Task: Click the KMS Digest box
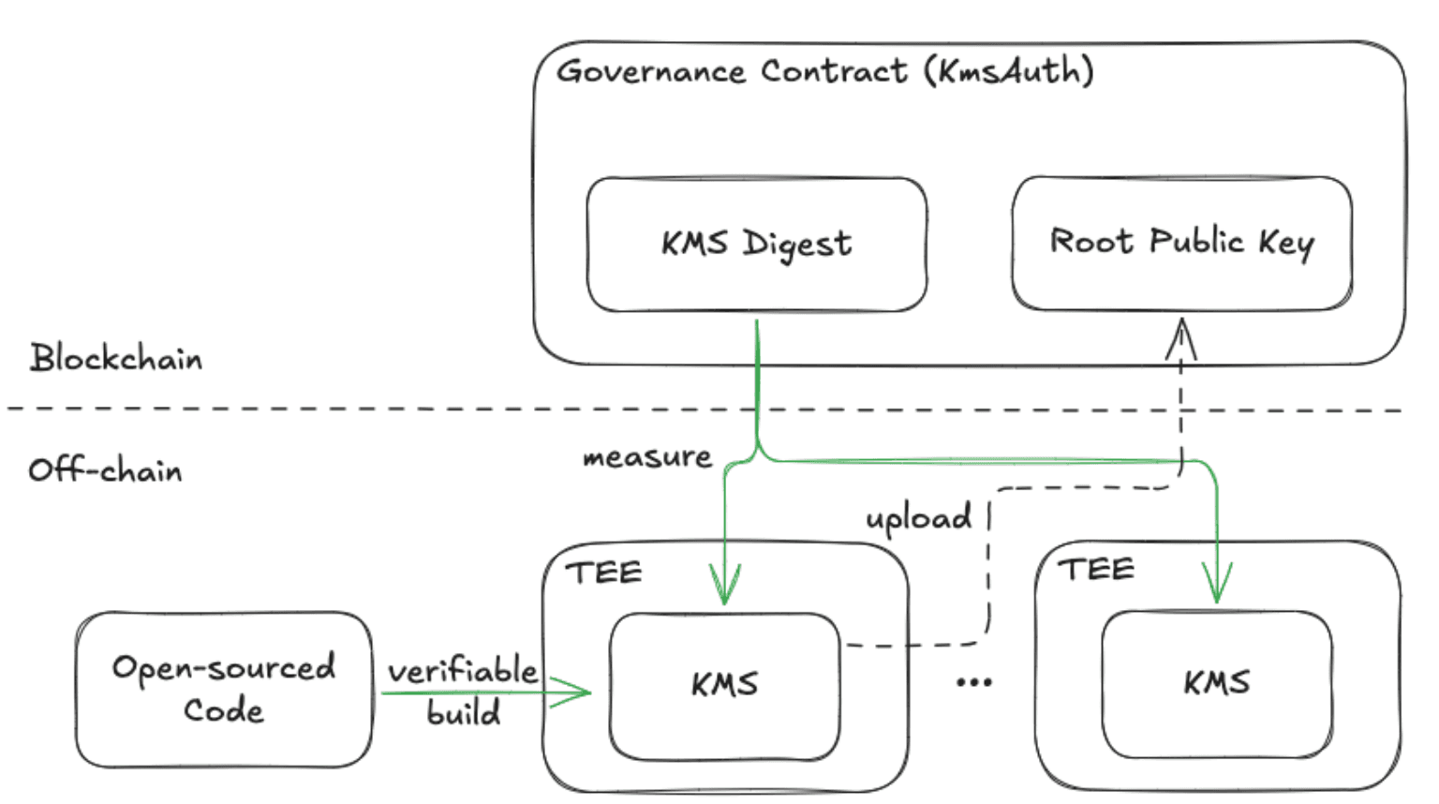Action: click(x=756, y=244)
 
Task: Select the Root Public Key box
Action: click(x=1181, y=243)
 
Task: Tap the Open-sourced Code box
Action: click(x=223, y=689)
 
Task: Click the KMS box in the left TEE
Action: click(x=724, y=685)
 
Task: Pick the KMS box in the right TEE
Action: click(x=1216, y=683)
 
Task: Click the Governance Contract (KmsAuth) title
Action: click(x=824, y=71)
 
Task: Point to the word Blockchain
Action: click(x=115, y=358)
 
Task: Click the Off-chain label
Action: click(x=105, y=469)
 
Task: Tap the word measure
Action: click(x=646, y=457)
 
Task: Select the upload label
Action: click(x=918, y=518)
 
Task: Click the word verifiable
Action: click(x=463, y=671)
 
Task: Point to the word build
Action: click(x=464, y=713)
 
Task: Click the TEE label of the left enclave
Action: click(x=604, y=573)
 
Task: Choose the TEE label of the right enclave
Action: click(x=1096, y=569)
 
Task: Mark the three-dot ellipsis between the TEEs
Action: click(x=974, y=682)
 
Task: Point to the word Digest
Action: click(x=797, y=244)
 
